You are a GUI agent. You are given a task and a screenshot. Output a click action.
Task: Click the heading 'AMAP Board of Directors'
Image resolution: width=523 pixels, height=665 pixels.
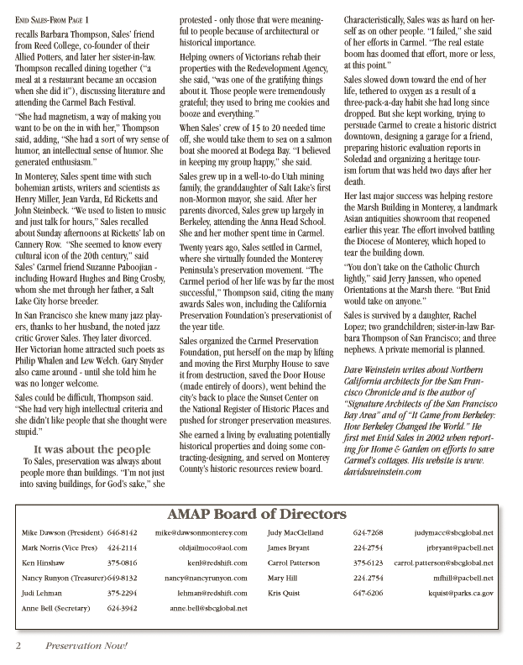click(261, 516)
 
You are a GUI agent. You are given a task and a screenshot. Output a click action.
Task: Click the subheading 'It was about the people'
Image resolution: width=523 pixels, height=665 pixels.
click(86, 448)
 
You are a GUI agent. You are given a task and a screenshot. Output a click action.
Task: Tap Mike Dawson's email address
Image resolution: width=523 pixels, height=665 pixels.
click(201, 532)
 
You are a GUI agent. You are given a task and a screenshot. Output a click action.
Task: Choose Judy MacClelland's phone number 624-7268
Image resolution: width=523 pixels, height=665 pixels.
click(369, 532)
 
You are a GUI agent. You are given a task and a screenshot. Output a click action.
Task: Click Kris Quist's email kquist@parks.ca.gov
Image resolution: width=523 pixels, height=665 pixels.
click(459, 593)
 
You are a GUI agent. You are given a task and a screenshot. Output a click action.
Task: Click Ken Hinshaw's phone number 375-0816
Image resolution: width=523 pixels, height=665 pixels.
click(123, 563)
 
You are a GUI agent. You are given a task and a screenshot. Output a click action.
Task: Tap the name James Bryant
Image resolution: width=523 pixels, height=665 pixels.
click(289, 547)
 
